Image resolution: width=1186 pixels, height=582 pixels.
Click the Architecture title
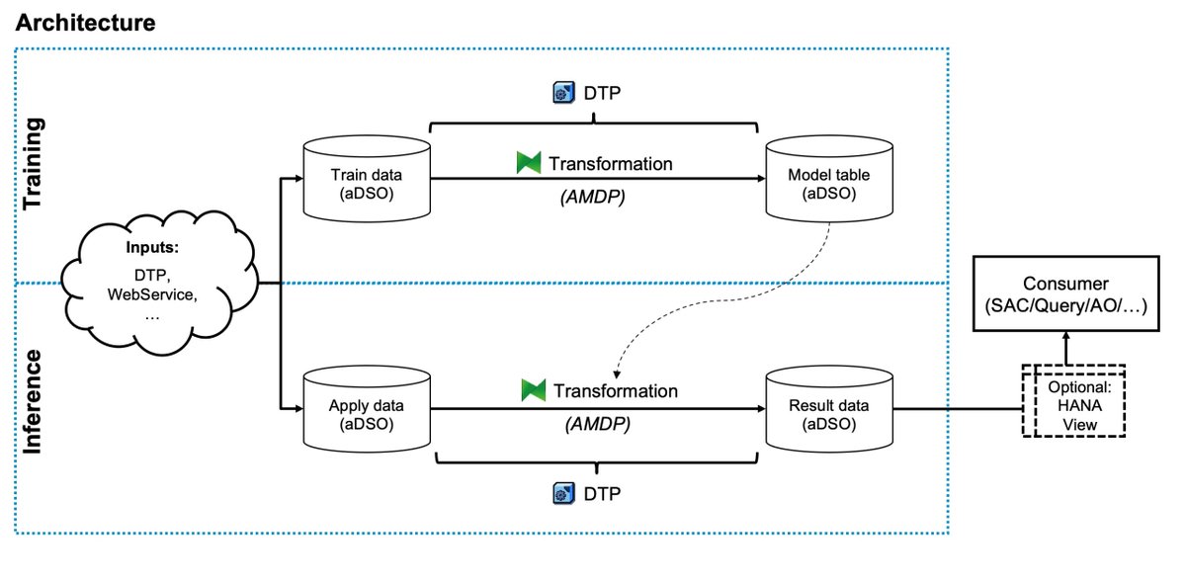tap(85, 23)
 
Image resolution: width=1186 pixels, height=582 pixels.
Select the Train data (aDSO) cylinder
tap(366, 181)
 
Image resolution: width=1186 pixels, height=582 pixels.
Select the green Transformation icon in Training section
tap(529, 163)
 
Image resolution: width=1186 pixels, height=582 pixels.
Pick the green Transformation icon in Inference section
tap(534, 390)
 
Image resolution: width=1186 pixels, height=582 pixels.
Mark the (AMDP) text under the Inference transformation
tap(597, 425)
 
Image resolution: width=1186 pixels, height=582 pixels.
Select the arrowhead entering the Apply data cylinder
tap(295, 407)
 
